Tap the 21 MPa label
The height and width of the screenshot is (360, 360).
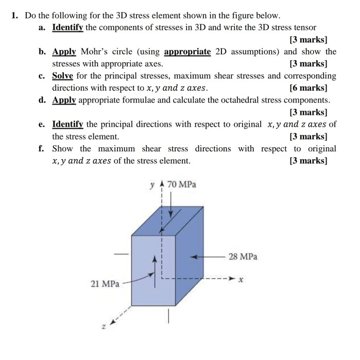tap(105, 283)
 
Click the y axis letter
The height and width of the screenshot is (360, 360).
tap(152, 184)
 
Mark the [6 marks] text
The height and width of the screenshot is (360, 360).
tap(308, 88)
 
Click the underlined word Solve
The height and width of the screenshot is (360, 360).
tap(63, 76)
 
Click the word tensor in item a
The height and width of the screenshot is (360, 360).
tap(305, 27)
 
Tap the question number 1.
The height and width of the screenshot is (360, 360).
tap(15, 15)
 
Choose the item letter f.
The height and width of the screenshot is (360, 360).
tap(41, 148)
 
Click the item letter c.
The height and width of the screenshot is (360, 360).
tap(41, 76)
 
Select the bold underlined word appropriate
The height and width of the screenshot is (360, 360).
tap(187, 52)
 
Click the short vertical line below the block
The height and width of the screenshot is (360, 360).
tap(168, 318)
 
